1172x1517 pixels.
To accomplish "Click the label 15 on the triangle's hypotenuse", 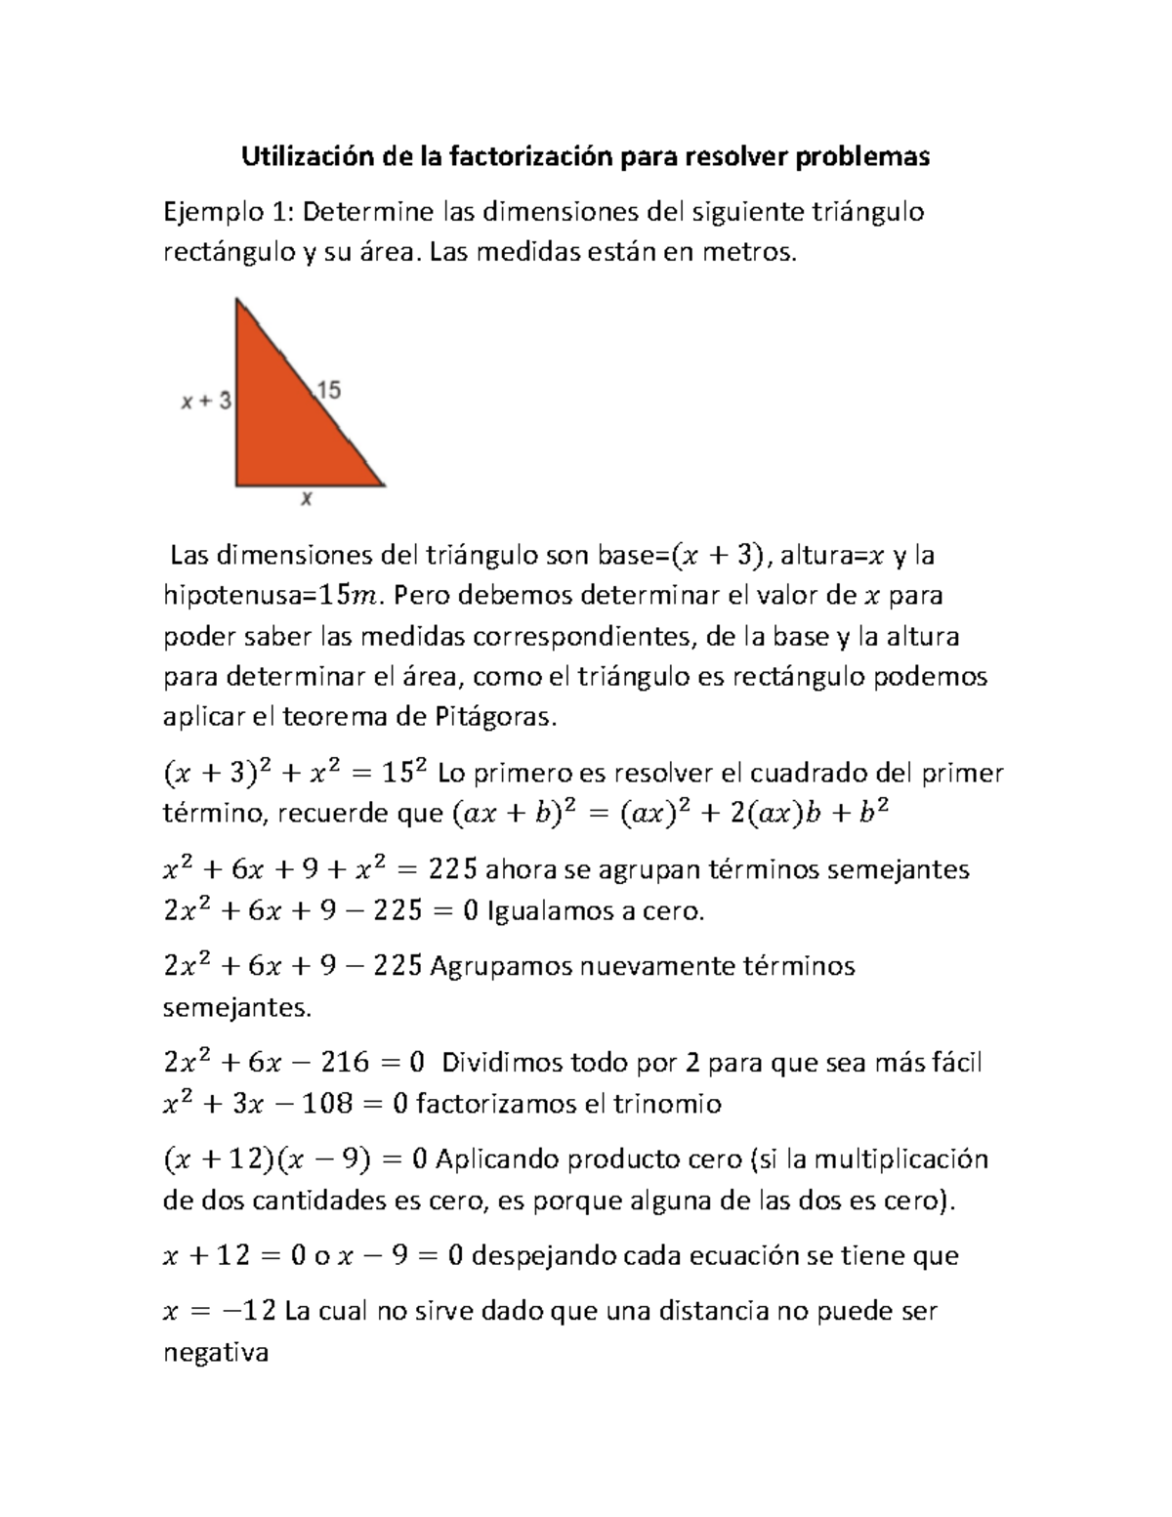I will (328, 391).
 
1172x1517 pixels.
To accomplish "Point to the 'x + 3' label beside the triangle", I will (206, 400).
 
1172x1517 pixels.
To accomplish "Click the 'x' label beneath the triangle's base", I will (306, 499).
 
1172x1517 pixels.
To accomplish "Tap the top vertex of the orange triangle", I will (237, 302).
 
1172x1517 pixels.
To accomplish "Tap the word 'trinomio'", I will (666, 1105).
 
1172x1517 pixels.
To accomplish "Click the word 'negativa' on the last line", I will (215, 1353).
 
